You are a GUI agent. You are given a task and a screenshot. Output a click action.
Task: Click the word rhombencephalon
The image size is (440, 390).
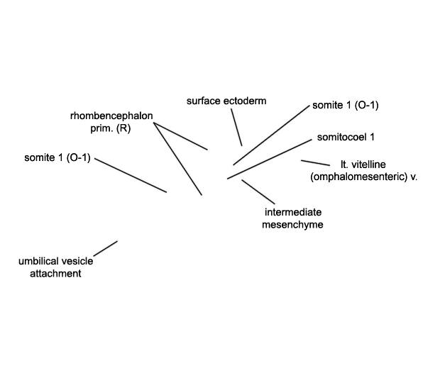pyautogui.click(x=111, y=116)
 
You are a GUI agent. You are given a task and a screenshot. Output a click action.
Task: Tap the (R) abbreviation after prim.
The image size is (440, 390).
pyautogui.click(x=123, y=128)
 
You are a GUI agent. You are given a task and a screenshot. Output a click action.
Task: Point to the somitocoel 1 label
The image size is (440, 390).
pyautogui.click(x=346, y=137)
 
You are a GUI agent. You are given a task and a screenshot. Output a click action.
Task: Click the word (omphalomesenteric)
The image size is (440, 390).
pyautogui.click(x=359, y=177)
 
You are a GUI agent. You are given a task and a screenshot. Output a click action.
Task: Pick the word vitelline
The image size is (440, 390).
pyautogui.click(x=368, y=165)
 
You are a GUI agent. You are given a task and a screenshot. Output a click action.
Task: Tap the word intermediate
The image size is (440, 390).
pyautogui.click(x=293, y=212)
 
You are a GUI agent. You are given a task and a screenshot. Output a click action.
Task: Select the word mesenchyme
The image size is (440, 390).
pyautogui.click(x=292, y=225)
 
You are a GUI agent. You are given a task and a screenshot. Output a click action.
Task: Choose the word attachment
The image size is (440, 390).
pyautogui.click(x=55, y=274)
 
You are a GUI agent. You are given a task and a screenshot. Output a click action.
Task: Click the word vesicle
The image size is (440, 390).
pyautogui.click(x=77, y=262)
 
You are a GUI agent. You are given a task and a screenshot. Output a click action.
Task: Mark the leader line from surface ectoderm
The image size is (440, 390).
pyautogui.click(x=236, y=127)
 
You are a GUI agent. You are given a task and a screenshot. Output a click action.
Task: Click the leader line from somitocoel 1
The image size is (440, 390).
pyautogui.click(x=270, y=159)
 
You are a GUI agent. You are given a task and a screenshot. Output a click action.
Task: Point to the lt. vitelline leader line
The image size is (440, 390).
pyautogui.click(x=315, y=163)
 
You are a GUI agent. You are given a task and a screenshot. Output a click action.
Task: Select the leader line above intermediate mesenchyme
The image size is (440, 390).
pyautogui.click(x=258, y=191)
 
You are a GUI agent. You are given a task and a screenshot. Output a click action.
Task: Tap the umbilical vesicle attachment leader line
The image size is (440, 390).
pyautogui.click(x=106, y=248)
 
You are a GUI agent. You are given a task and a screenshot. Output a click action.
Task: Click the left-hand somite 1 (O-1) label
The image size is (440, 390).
pyautogui.click(x=57, y=157)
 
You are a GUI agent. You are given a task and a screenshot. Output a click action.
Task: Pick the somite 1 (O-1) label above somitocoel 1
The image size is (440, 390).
pyautogui.click(x=346, y=105)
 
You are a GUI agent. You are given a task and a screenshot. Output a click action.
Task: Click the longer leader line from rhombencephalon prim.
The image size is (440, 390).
pyautogui.click(x=178, y=159)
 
